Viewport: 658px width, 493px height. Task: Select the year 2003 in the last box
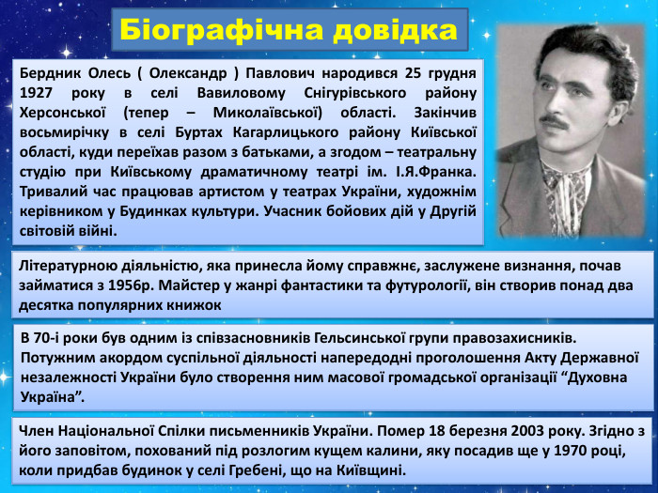pos(495,431)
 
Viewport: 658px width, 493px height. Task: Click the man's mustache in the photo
pos(556,121)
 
